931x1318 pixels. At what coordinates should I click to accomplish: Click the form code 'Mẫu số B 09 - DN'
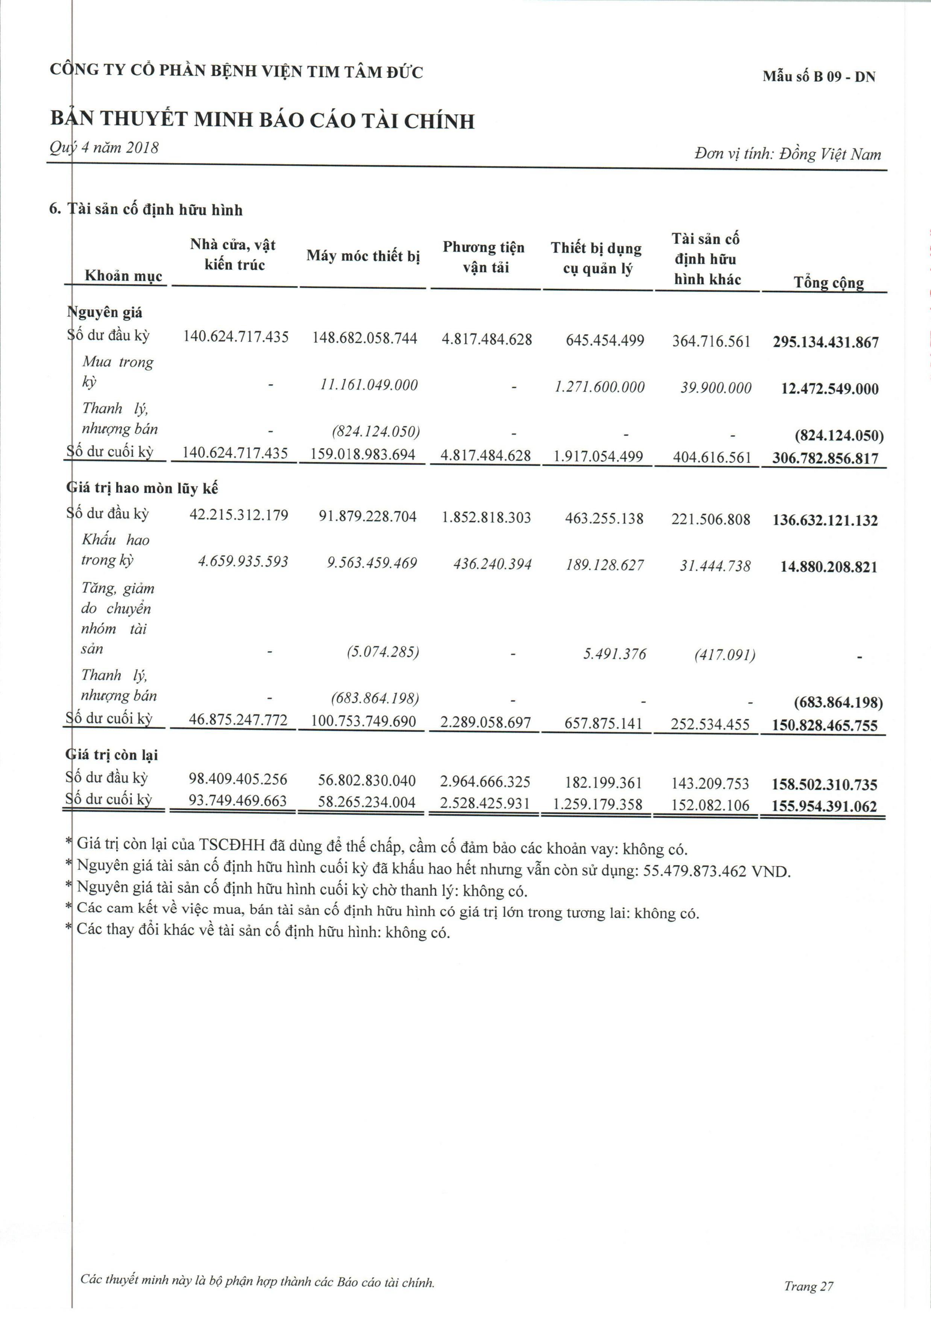819,76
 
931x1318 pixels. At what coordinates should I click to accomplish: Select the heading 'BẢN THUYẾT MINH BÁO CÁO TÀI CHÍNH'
263,121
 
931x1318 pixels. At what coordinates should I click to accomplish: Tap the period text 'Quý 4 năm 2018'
104,147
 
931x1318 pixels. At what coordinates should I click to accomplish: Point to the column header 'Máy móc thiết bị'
363,256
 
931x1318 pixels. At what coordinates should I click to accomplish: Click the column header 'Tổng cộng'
828,282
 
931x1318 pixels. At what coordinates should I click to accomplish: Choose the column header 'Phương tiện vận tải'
484,257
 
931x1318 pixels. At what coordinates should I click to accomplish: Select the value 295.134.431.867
825,343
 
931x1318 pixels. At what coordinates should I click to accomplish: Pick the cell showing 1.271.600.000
600,387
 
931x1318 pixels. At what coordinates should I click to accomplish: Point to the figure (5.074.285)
383,652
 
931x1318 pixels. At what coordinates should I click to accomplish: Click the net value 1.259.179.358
597,804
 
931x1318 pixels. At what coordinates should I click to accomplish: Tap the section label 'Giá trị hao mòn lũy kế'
143,488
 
